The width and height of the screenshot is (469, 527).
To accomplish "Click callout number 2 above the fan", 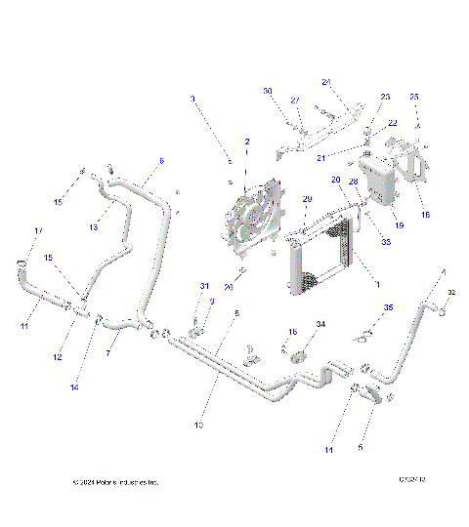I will (x=247, y=142).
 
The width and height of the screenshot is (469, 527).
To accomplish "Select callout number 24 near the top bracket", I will (x=326, y=81).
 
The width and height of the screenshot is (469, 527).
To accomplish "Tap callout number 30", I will (x=267, y=91).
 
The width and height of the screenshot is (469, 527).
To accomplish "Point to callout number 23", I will (x=385, y=97).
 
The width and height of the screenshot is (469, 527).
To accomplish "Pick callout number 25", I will (x=413, y=97).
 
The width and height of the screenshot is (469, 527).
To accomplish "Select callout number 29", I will (x=306, y=199).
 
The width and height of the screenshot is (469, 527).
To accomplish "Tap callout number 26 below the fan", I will (x=229, y=287).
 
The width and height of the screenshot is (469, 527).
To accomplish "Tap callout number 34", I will (x=320, y=323).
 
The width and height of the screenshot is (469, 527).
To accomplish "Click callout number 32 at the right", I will (x=450, y=292).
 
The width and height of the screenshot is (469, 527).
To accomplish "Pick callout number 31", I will (x=205, y=285).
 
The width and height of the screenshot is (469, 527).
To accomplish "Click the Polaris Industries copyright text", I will (x=115, y=482).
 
